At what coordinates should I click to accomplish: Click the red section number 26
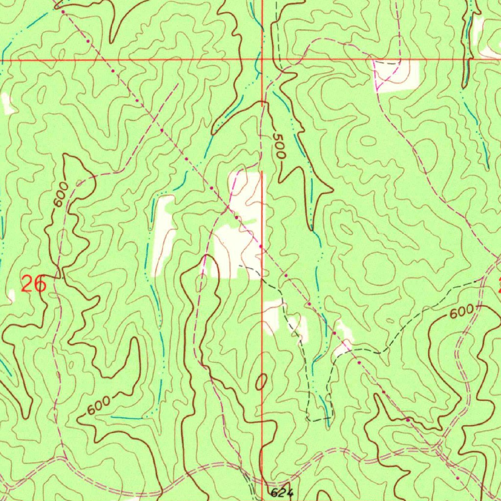[34, 284]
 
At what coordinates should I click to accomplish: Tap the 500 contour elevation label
[278, 146]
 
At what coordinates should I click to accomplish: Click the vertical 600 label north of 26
[60, 195]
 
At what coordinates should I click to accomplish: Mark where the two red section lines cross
[262, 60]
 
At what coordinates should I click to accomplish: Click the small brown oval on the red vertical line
[262, 381]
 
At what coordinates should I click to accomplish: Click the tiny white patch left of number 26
[11, 295]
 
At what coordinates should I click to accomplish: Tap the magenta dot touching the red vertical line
[260, 246]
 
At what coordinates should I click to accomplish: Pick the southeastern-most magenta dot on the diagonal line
[457, 478]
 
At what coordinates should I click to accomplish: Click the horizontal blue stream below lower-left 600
[130, 418]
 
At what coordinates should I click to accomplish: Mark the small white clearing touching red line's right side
[272, 318]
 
